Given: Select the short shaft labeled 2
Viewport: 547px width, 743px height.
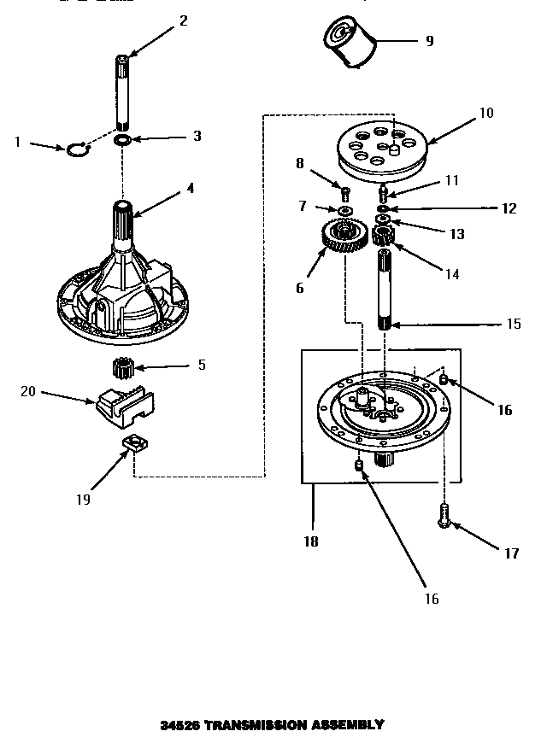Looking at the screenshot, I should (x=123, y=90).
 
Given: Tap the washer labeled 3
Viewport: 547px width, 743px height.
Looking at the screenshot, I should (x=122, y=138).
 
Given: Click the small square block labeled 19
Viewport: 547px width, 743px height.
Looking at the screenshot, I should (x=132, y=443).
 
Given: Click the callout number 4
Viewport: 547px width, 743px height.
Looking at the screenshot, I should (x=190, y=188).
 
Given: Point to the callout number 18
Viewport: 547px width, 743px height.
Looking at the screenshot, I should (x=311, y=541).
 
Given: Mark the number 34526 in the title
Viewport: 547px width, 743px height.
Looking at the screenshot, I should (x=179, y=725).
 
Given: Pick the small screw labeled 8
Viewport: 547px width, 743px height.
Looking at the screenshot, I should (x=346, y=190).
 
